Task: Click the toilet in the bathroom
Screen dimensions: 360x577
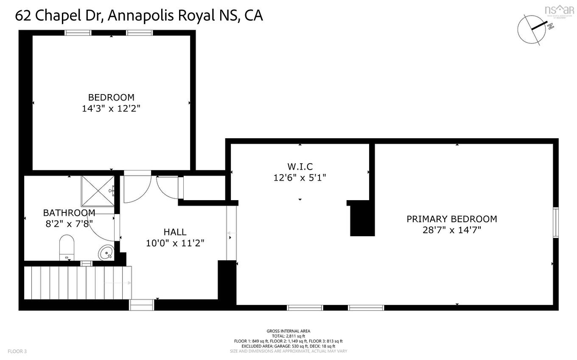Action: point(67,248)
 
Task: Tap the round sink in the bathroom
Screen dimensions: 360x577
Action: point(106,253)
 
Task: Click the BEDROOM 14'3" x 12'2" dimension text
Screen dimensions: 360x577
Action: point(111,109)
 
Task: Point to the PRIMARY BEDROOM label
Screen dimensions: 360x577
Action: point(451,219)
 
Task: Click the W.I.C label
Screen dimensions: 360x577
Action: point(300,167)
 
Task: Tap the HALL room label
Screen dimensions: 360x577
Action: point(175,232)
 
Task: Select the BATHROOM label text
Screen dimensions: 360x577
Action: point(69,212)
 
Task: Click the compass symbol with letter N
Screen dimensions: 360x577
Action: point(532,29)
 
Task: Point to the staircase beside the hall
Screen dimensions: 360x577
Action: point(76,282)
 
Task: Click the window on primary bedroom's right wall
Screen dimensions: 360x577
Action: point(555,223)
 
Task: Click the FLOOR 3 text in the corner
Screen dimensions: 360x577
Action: point(17,351)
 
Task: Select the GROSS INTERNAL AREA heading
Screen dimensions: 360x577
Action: point(288,331)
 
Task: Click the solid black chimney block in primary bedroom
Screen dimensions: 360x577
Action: point(362,219)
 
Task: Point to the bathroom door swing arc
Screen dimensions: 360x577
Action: point(102,229)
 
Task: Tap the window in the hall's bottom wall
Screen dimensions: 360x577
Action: point(142,304)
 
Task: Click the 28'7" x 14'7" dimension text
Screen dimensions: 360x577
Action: point(451,230)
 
